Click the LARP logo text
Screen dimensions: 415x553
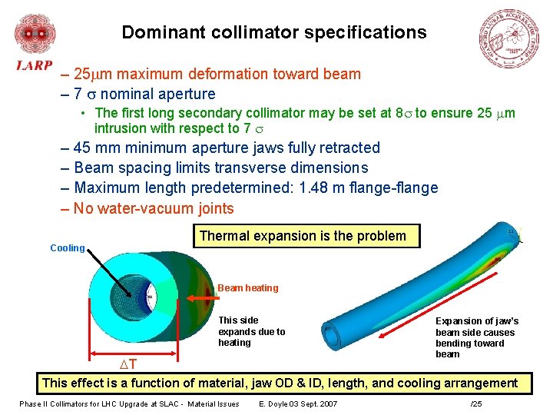pyautogui.click(x=35, y=65)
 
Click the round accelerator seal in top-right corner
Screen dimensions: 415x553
pyautogui.click(x=510, y=40)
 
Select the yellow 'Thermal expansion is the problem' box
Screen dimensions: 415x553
pyautogui.click(x=303, y=236)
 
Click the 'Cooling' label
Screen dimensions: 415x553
pyautogui.click(x=67, y=248)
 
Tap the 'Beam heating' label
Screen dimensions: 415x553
pyautogui.click(x=247, y=288)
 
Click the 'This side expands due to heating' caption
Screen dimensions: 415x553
pyautogui.click(x=251, y=331)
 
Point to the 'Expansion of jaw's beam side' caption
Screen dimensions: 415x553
pyautogui.click(x=476, y=337)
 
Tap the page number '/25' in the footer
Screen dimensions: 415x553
pyautogui.click(x=476, y=404)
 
